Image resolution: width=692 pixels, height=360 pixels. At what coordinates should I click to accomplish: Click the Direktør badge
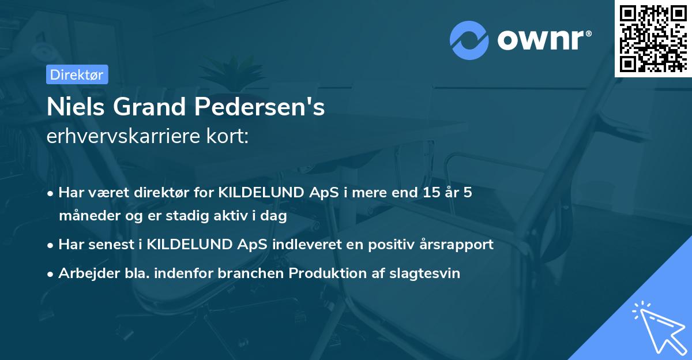pos(76,74)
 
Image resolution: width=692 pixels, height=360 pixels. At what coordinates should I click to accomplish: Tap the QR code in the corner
pos(653,38)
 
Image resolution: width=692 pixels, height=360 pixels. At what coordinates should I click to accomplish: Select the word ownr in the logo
pos(541,40)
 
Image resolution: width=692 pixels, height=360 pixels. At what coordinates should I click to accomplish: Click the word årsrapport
pos(458,245)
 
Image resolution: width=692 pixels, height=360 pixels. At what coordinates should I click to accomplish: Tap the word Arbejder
pos(84,273)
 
